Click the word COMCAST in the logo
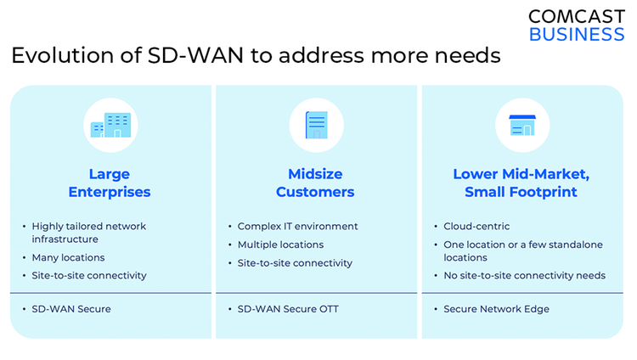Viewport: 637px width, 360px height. [577, 17]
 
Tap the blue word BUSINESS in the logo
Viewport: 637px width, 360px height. [577, 35]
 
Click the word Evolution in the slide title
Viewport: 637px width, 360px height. [63, 55]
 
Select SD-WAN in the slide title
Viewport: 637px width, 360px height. [195, 55]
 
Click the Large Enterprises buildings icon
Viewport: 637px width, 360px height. [110, 125]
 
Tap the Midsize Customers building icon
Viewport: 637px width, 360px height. [317, 125]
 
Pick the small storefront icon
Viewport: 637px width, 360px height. [522, 125]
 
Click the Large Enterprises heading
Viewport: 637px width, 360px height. [110, 183]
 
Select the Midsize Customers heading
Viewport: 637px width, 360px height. [315, 183]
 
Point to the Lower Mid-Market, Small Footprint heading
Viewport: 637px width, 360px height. [521, 183]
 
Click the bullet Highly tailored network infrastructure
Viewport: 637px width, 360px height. [89, 233]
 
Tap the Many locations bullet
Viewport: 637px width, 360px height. [68, 257]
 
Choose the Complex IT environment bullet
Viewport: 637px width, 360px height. [298, 227]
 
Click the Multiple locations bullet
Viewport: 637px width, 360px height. [281, 245]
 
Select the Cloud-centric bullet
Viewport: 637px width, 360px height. [476, 227]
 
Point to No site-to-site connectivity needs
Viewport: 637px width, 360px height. [525, 275]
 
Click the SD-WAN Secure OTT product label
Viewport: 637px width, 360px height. [288, 309]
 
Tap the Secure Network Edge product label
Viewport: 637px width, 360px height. [497, 309]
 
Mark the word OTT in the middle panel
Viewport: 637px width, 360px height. [329, 309]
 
